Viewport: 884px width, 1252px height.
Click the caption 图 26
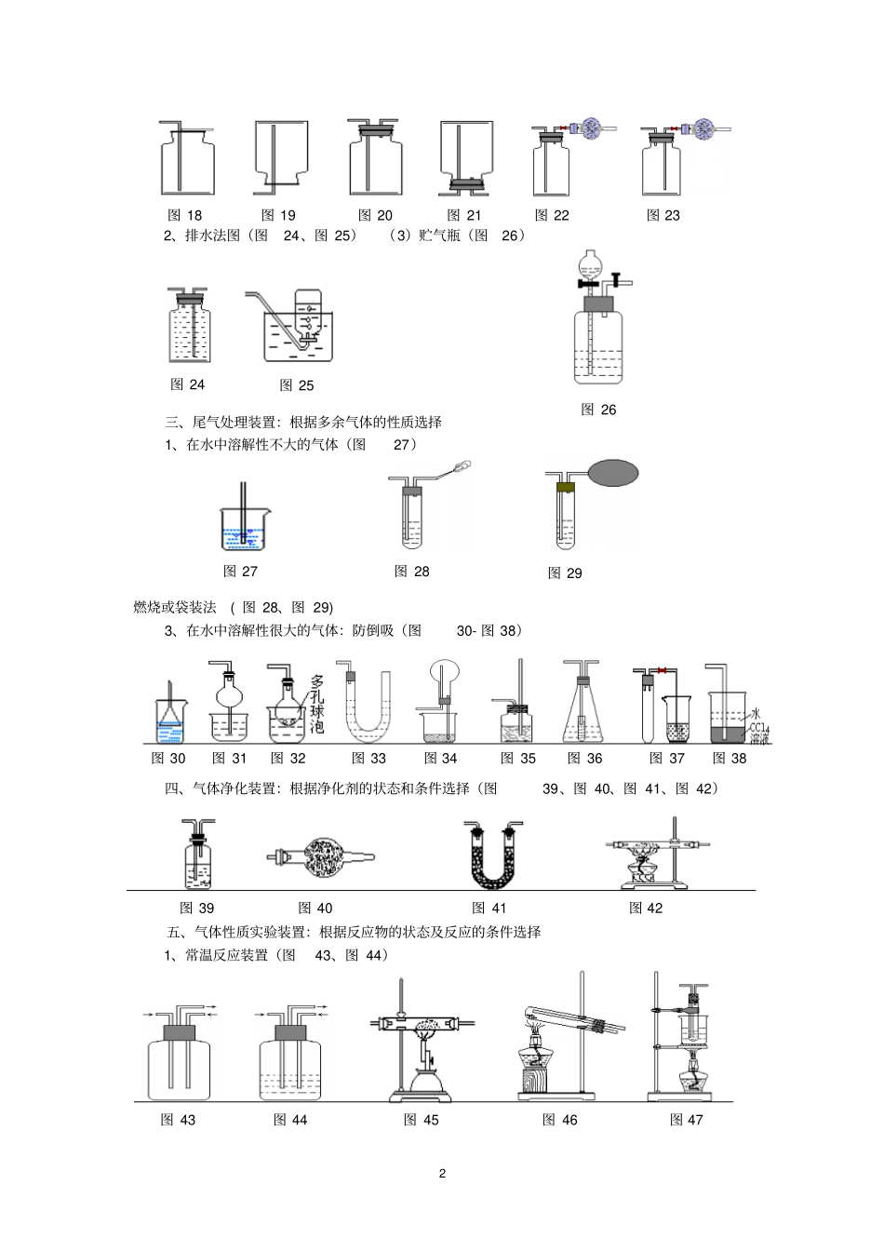point(598,410)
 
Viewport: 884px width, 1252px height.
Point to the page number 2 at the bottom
point(442,1173)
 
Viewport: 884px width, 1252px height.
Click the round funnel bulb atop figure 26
point(590,263)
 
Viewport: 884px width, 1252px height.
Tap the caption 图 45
point(422,1120)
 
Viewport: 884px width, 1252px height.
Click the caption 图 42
point(646,908)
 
